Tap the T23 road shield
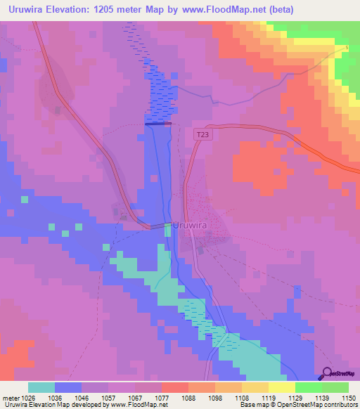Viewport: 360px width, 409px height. (202, 134)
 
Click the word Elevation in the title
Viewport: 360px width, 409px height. (75, 9)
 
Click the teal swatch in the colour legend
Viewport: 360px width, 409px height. (41, 387)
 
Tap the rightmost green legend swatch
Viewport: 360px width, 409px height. (335, 387)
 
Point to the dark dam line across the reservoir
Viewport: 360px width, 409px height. (158, 124)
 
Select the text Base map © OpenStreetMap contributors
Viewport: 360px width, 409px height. (299, 405)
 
